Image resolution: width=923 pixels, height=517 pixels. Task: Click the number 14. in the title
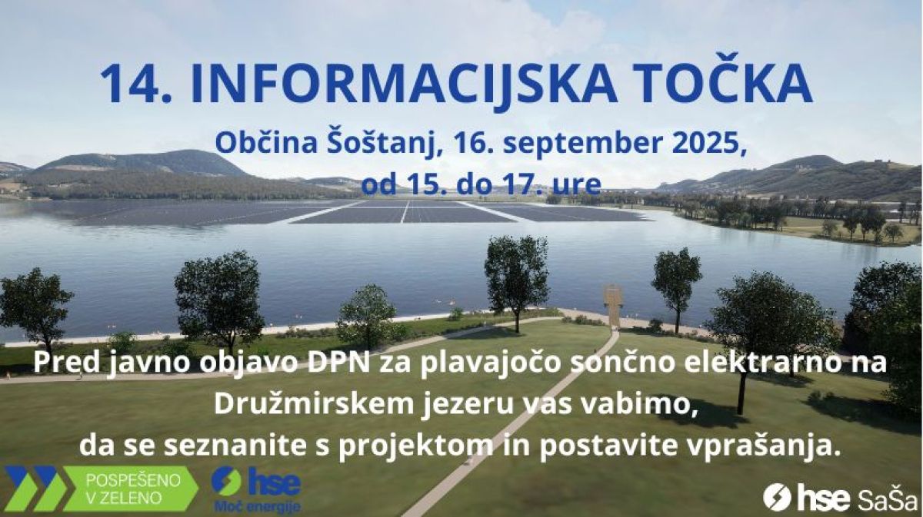135,84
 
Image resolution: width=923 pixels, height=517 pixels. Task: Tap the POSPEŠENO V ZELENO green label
131,489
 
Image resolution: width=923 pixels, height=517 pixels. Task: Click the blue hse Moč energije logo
256,490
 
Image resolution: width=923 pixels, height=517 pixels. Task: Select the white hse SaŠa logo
841,498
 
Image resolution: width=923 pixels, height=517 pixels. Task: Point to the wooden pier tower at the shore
613,305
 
